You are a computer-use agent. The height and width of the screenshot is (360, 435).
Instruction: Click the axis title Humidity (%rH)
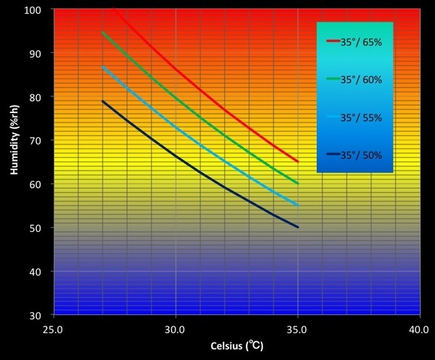click(x=14, y=162)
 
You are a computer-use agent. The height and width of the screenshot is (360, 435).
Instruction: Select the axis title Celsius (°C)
click(x=236, y=346)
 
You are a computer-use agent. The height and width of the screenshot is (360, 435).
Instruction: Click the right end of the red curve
click(x=298, y=162)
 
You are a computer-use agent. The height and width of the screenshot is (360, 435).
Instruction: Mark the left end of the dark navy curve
click(x=103, y=101)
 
